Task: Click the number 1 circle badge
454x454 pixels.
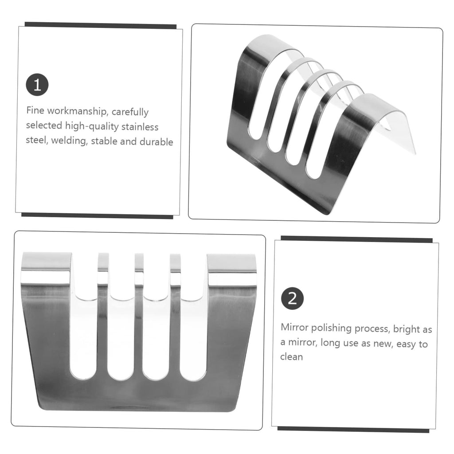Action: [x=37, y=85]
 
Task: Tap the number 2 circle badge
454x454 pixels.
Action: [x=293, y=298]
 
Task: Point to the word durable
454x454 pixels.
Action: [x=157, y=142]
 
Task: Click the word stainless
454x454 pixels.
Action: [x=140, y=127]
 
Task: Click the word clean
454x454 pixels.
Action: [x=291, y=357]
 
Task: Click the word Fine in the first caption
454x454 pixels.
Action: [x=35, y=110]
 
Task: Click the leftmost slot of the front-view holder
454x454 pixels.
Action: [x=84, y=336]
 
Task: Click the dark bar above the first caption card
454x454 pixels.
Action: [x=101, y=25]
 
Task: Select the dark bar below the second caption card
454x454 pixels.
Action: [x=353, y=430]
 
